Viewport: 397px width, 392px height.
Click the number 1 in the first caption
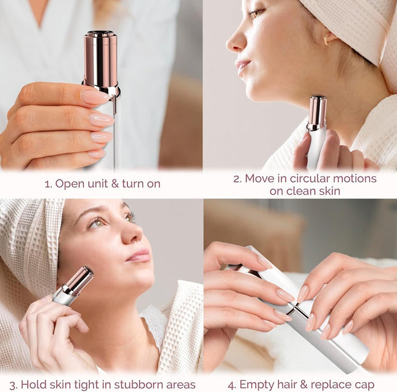coord(47,184)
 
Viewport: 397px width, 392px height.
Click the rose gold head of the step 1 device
coord(100,59)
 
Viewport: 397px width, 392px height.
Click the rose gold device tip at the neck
coord(317,113)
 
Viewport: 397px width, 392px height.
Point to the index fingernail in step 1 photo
coord(95,97)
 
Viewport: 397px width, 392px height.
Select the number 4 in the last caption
coord(231,385)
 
